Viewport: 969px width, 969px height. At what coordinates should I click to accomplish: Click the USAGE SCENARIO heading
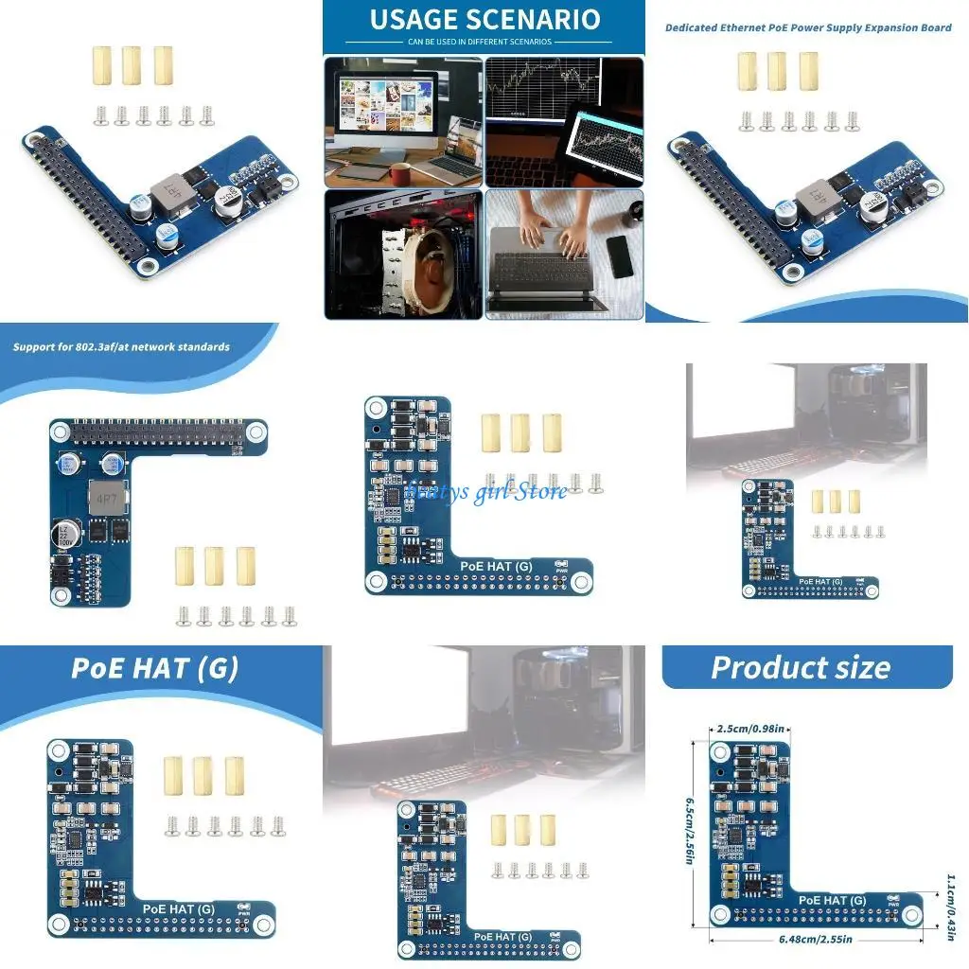click(x=484, y=19)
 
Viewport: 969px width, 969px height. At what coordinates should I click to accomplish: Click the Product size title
click(x=800, y=667)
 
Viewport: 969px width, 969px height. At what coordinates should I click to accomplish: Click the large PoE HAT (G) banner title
click(x=154, y=668)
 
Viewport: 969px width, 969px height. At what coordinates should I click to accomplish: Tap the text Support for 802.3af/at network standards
click(x=121, y=347)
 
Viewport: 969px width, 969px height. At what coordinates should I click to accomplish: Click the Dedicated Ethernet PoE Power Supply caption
click(x=807, y=27)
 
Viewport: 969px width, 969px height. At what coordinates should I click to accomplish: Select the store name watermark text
click(x=486, y=490)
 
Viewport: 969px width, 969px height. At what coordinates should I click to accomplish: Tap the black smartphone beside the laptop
click(x=620, y=255)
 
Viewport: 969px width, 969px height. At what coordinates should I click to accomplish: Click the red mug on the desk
click(x=400, y=173)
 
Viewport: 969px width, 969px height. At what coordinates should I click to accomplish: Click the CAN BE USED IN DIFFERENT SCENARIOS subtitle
click(x=484, y=43)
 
